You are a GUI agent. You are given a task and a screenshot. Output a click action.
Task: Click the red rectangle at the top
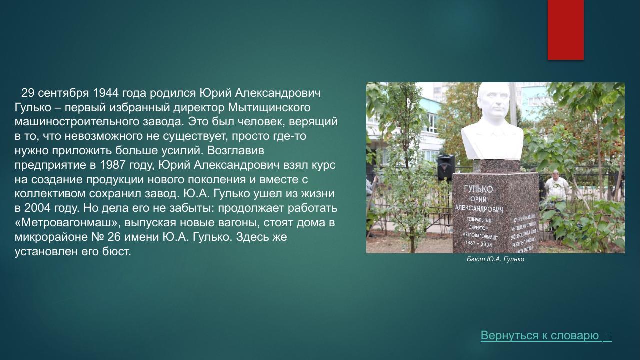tap(565, 29)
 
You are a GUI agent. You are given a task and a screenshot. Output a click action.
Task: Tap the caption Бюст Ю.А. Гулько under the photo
tap(495, 259)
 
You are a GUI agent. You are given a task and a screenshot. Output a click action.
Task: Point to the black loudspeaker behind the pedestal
tap(445, 167)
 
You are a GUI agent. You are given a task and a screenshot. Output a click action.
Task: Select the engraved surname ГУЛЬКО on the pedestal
tap(478, 189)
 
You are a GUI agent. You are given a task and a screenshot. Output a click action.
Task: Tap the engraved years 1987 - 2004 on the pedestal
tap(479, 243)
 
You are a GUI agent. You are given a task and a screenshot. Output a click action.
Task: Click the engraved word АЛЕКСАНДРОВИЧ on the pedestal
tap(479, 208)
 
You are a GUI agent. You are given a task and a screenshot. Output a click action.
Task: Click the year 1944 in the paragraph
tap(105, 93)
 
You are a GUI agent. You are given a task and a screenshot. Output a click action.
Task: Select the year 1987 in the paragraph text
tap(113, 165)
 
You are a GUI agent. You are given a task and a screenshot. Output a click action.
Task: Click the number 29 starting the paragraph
tap(28, 93)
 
